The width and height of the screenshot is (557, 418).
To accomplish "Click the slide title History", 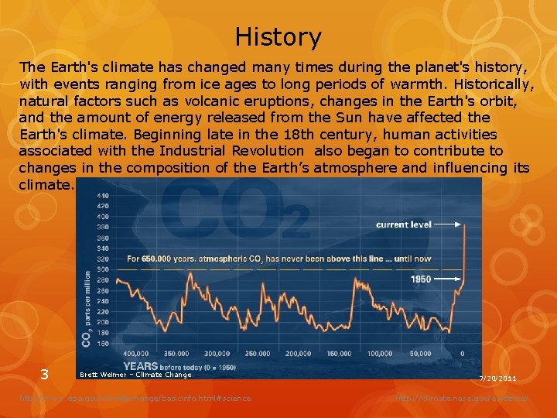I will click(278, 36).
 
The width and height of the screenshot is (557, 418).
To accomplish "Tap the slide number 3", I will click(44, 375).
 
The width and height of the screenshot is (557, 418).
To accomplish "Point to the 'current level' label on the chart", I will click(403, 224).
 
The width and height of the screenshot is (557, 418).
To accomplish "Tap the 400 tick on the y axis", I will click(102, 206).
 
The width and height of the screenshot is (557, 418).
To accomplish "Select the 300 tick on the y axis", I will click(102, 269).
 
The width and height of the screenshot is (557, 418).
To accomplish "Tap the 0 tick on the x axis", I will click(462, 354).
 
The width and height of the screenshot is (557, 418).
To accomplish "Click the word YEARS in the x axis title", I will click(141, 366).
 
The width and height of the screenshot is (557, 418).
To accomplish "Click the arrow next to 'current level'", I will click(449, 224).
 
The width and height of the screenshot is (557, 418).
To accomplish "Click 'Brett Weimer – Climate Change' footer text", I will click(135, 375).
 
